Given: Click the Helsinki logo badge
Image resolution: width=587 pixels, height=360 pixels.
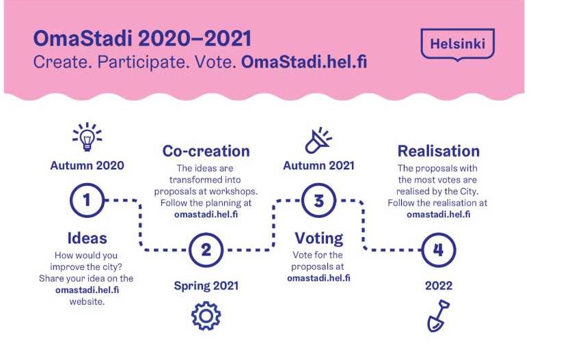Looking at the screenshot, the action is [457, 44].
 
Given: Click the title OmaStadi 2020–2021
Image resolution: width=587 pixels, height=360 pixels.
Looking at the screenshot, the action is [142, 38].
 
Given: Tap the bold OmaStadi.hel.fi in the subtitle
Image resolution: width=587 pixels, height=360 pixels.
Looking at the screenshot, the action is [304, 61].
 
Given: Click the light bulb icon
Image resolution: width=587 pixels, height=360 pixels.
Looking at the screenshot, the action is [87, 137].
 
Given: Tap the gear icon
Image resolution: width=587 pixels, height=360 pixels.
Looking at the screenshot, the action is [206, 316].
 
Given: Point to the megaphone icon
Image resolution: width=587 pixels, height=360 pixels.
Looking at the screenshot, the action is [318, 141].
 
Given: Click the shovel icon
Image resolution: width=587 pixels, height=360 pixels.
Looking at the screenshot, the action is [439, 316].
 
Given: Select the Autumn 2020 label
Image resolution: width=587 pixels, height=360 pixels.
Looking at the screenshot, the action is [87, 165].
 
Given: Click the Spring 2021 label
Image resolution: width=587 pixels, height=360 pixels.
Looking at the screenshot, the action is [206, 286].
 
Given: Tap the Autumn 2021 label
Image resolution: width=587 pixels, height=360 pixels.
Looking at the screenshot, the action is [318, 165].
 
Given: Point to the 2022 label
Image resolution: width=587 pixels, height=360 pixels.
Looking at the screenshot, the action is [439, 286].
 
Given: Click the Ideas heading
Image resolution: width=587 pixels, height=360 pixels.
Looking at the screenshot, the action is [87, 238].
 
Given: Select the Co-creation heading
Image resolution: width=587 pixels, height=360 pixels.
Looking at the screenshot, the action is [206, 151].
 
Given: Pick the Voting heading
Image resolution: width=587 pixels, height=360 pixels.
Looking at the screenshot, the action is [318, 238].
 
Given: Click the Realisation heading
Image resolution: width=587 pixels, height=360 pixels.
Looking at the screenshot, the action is [439, 151].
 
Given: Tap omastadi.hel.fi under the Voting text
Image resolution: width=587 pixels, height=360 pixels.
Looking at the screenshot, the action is [318, 278].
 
